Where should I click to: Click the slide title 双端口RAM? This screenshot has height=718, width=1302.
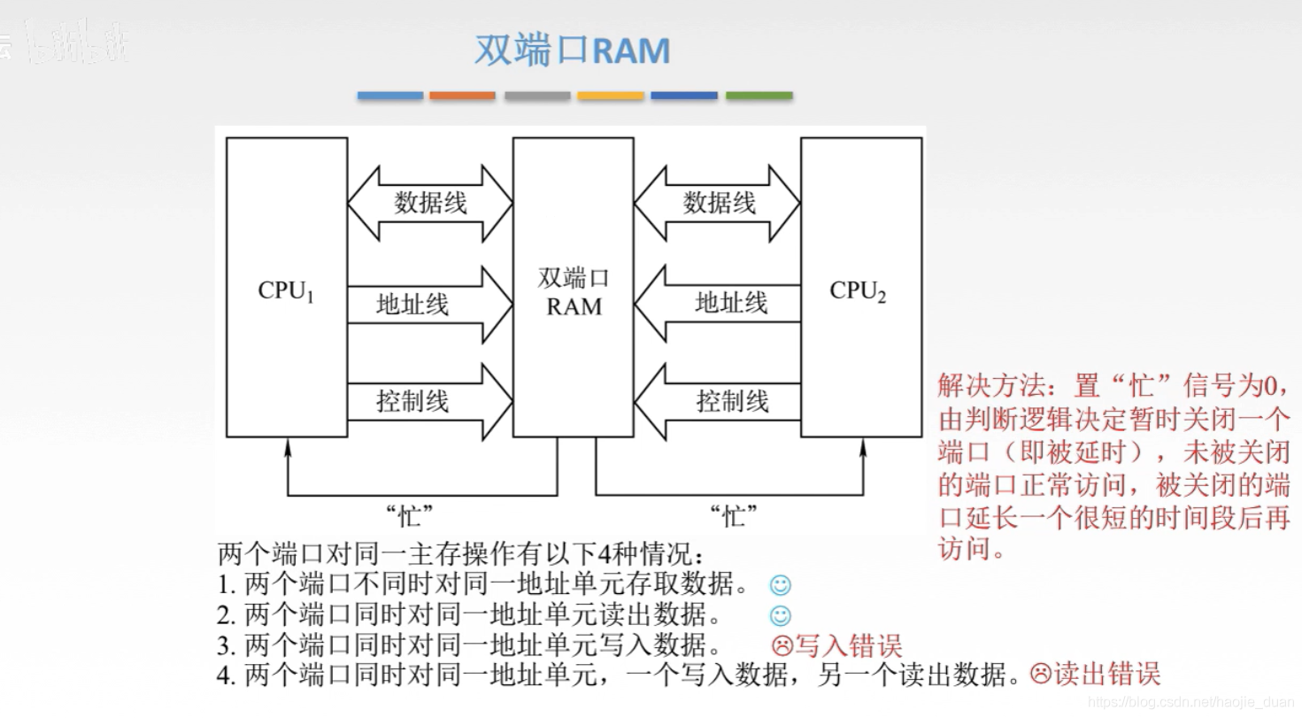[573, 51]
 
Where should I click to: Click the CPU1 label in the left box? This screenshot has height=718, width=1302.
[286, 291]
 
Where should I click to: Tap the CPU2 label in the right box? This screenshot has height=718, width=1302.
[858, 291]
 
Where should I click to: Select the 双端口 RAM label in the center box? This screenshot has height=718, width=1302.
[574, 293]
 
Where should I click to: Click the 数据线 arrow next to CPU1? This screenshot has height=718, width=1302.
[430, 203]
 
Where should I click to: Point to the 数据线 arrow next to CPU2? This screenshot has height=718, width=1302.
[718, 203]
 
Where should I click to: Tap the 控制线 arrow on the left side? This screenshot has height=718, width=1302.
[430, 401]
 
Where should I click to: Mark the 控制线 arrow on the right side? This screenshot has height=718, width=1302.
[718, 401]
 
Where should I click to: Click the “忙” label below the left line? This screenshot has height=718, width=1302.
[411, 515]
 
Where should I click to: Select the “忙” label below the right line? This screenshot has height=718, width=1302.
[734, 515]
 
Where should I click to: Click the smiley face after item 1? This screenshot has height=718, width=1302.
[780, 585]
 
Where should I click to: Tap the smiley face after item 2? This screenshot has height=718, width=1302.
[780, 615]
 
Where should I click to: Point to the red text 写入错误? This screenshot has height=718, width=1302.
[849, 645]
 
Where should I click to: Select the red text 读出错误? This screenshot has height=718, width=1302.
[1106, 675]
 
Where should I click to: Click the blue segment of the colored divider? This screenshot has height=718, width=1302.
[390, 96]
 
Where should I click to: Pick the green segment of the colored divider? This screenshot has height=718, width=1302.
[759, 96]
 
